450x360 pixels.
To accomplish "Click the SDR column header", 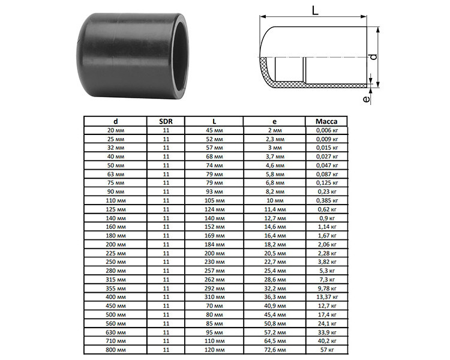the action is click(x=166, y=121).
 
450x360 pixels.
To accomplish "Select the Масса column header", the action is click(x=326, y=121).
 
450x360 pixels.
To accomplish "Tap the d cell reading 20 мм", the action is click(x=116, y=130).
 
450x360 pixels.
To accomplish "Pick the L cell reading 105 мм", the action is click(x=214, y=200).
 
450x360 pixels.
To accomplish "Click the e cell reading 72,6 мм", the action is click(x=275, y=350).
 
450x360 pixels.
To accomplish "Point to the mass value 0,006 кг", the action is click(x=327, y=130).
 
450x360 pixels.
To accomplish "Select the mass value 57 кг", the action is click(x=327, y=350).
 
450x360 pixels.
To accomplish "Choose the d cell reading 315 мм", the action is click(x=116, y=280).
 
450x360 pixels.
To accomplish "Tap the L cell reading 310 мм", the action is click(x=214, y=297).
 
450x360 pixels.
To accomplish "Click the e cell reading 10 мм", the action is click(x=275, y=200).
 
